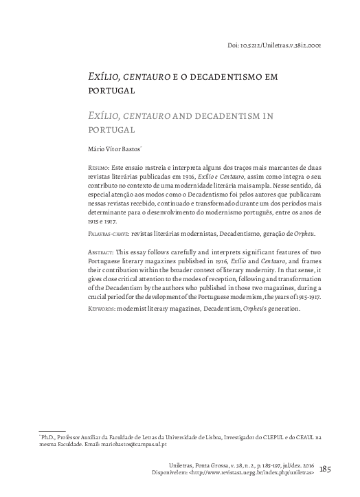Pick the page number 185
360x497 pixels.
[x=326, y=470]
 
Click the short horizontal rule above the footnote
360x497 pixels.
[x=52, y=431]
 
